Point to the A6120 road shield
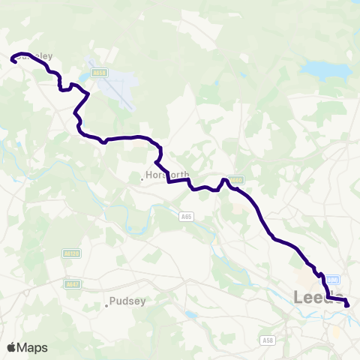coord(71,254)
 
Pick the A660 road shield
coord(237,180)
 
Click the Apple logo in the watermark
coord(11,347)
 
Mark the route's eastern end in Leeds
coord(347,304)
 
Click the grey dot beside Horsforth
coord(142,178)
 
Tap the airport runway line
coord(112,84)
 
